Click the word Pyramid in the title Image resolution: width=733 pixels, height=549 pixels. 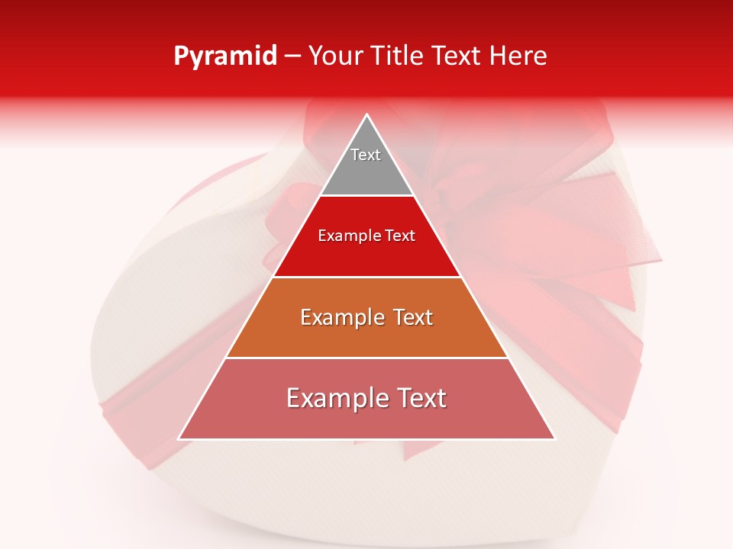click(225, 56)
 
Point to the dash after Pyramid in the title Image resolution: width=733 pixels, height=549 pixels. click(292, 56)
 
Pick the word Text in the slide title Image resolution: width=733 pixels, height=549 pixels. click(458, 56)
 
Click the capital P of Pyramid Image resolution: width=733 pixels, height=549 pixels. click(181, 56)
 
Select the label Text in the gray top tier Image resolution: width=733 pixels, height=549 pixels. click(366, 155)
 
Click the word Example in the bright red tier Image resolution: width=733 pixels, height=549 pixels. click(345, 236)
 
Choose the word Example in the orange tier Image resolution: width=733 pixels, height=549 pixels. click(339, 317)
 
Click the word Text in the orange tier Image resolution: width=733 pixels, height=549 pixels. click(410, 317)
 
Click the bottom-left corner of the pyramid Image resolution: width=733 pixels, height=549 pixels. click(179, 438)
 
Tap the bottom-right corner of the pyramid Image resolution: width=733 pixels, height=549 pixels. click(554, 438)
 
